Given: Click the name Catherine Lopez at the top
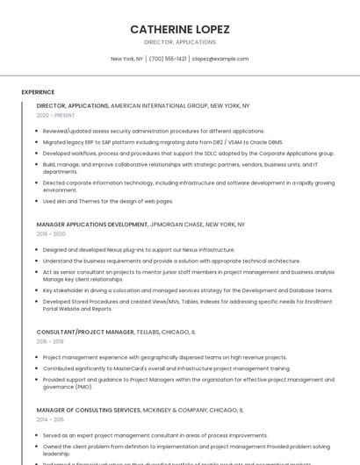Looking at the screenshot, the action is coord(180,29).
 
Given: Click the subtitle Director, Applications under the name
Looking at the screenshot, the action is coord(180,42).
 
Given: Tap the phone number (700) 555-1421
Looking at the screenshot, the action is coord(168,59).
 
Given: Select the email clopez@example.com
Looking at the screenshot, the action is coord(220,59).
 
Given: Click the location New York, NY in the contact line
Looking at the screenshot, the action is coord(126,59).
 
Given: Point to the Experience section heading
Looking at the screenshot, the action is coord(38,92).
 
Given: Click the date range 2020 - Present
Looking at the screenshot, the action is coord(55,115).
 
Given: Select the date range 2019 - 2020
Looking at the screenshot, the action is coord(51,234).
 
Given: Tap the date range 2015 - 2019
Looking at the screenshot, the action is coord(51,342).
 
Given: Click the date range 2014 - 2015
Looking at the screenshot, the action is coord(51,419).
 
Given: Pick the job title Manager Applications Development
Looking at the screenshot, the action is coord(91,225).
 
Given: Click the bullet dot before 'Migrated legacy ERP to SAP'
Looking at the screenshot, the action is coord(37,141).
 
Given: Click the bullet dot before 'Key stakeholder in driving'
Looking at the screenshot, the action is coord(37,290).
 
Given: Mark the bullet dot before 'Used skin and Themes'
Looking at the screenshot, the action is coord(37,201).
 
